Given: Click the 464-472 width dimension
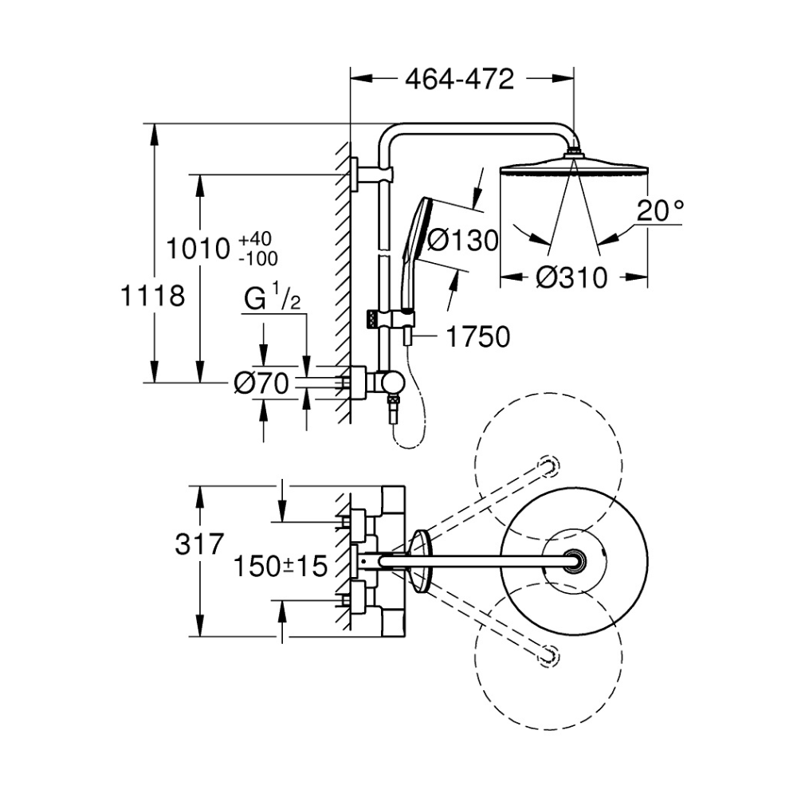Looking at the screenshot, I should [459, 79].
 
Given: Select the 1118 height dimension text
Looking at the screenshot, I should [152, 296].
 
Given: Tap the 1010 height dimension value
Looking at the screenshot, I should [198, 249].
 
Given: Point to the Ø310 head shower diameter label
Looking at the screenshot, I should [571, 277].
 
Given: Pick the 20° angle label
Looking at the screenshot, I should [661, 211].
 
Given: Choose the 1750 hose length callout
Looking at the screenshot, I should [477, 337].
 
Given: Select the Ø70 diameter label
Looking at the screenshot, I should [261, 384].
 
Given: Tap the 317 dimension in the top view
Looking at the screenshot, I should [198, 545].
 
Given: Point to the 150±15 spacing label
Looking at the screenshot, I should [281, 567].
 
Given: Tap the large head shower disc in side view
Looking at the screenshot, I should [575, 168].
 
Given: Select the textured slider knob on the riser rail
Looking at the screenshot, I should [371, 319].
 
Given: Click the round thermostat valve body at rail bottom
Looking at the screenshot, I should [391, 384].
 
